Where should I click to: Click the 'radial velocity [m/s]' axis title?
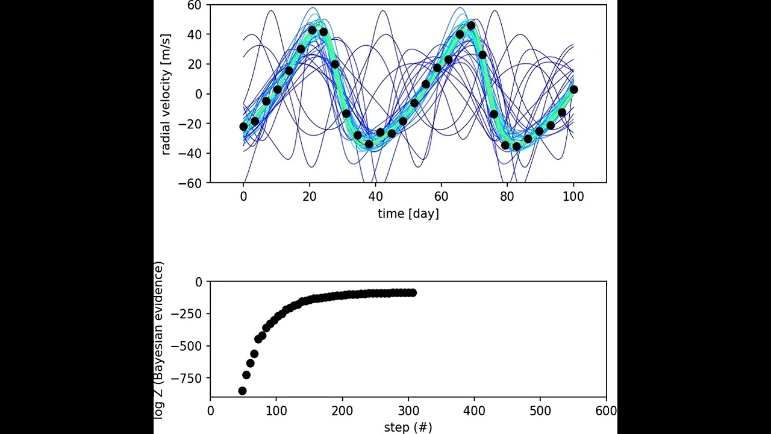pos(166,94)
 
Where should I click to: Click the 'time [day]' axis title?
pos(408,213)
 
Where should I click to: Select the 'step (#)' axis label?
pos(408,427)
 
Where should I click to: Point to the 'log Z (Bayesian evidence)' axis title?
pos(159,340)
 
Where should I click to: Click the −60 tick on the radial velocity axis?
pos(193,183)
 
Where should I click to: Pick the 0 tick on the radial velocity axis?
pos(199,94)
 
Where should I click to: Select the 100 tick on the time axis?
pos(573,197)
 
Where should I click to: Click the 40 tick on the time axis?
pos(375,197)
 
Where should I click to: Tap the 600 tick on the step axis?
pos(606,411)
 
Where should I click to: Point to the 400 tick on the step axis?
pos(474,411)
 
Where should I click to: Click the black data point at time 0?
pos(243,127)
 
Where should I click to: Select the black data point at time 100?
pos(573,90)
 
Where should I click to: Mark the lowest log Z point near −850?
pos(242,391)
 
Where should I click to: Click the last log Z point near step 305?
pos(413,292)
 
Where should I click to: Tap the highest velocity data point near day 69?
pos(471,26)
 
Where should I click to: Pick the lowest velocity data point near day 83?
pos(516,146)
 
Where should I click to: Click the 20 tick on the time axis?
pos(310,197)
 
